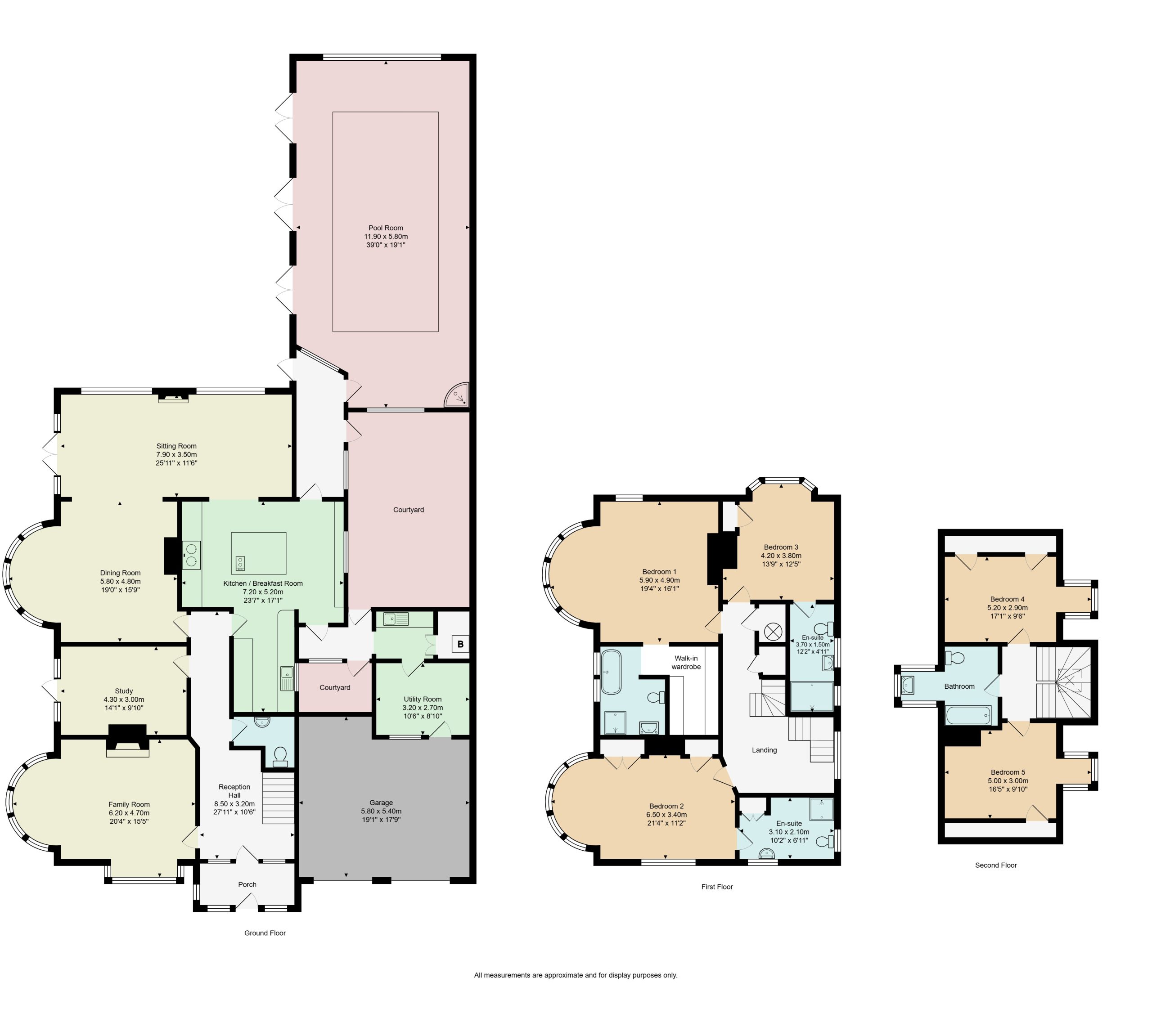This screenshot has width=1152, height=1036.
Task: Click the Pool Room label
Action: (386, 228)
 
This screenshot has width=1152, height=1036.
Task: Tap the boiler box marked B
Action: (460, 644)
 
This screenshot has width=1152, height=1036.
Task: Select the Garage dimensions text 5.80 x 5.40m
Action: (381, 811)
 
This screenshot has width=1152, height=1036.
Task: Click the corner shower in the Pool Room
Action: (457, 394)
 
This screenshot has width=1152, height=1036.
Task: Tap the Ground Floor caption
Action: (265, 933)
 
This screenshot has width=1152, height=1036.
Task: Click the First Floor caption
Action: (717, 887)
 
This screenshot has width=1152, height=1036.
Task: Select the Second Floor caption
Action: (996, 865)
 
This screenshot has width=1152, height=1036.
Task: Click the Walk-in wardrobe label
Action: (686, 663)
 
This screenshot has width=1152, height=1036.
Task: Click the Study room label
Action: (124, 691)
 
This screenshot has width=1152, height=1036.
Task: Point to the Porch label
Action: (247, 884)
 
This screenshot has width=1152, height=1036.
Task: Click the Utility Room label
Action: (423, 699)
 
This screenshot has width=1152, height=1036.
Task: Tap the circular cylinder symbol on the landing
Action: (772, 631)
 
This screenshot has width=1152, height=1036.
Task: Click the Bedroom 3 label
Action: (781, 547)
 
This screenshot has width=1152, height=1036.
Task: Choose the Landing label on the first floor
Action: (764, 750)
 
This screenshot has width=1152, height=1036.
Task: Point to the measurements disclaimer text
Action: (576, 975)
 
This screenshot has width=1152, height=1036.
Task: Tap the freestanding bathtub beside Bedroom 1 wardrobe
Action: (611, 672)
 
